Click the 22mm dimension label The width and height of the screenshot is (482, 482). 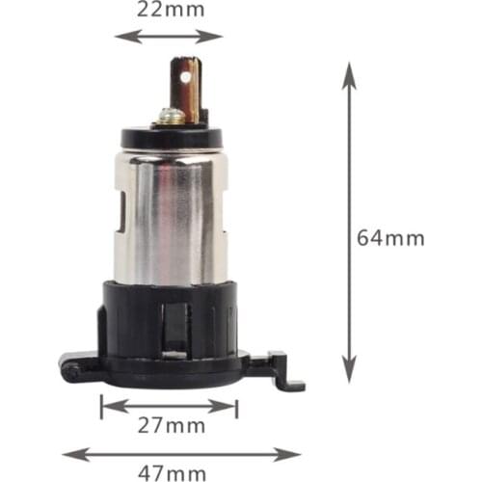(x=171, y=10)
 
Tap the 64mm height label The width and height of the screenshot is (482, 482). (x=390, y=238)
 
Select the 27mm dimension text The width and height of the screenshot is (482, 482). (x=172, y=426)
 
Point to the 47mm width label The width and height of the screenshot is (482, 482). (x=172, y=473)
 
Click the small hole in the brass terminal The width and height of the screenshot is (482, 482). (x=185, y=77)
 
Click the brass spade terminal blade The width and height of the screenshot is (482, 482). (x=186, y=90)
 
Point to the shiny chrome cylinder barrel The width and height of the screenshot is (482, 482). (x=171, y=219)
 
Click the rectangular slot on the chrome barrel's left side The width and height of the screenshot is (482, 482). (x=121, y=211)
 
